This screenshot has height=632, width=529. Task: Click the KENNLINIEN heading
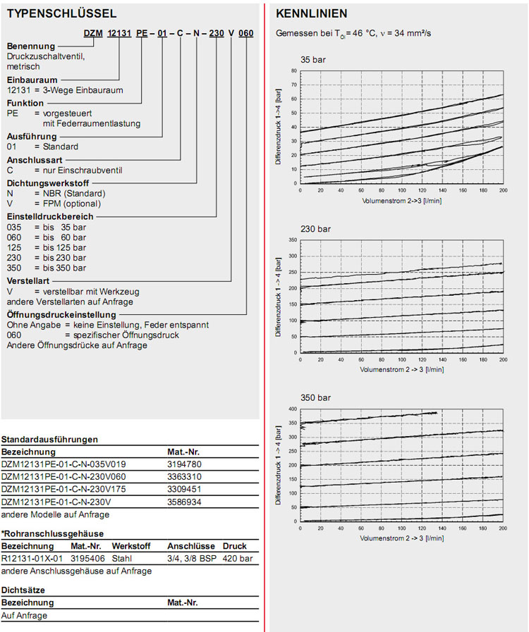tap(311, 14)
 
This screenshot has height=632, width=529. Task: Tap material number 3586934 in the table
tap(185, 502)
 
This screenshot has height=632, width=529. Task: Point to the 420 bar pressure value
tap(235, 558)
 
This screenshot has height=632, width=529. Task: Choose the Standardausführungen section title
tap(49, 439)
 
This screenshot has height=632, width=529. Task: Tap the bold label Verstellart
tap(28, 280)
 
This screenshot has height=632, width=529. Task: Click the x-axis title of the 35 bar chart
tap(401, 200)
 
